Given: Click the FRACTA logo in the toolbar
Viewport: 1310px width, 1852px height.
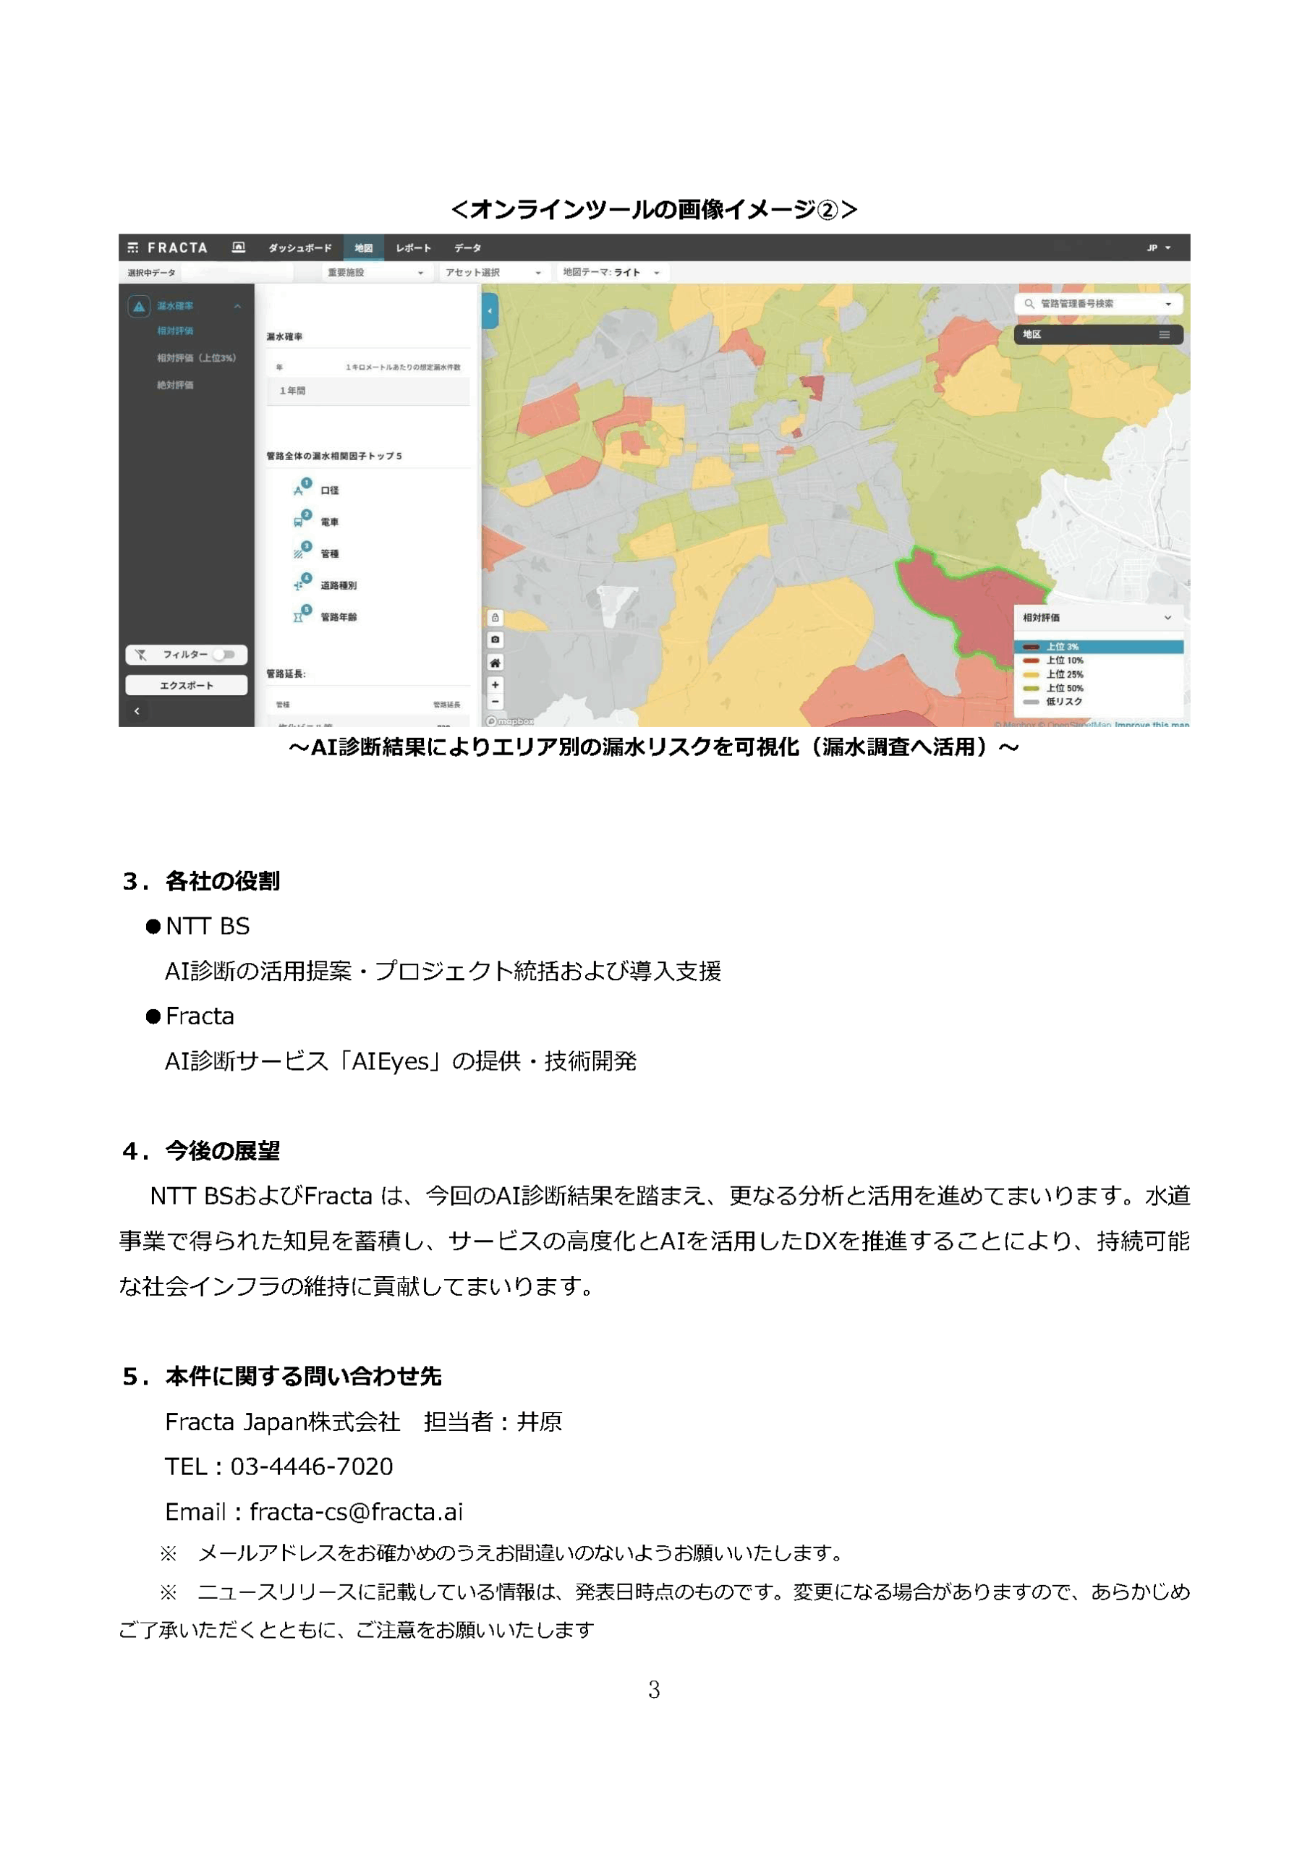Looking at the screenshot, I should (168, 247).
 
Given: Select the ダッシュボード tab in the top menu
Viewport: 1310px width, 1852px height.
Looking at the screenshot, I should (299, 247).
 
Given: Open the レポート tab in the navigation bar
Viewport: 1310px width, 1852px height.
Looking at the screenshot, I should (413, 247).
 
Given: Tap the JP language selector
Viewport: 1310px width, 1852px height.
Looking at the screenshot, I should (1157, 247).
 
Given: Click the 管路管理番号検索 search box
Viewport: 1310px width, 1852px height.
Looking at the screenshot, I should (1097, 303).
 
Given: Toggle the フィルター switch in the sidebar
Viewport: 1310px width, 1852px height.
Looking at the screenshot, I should (225, 654).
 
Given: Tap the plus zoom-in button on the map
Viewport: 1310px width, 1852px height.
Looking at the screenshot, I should (495, 684).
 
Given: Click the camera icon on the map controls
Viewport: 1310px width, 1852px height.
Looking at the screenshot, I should (495, 639).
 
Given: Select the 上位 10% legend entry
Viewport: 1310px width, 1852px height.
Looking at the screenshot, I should (1064, 660).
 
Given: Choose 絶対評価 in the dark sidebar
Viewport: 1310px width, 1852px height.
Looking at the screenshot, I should (175, 385).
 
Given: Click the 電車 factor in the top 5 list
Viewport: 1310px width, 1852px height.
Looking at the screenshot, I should (329, 522).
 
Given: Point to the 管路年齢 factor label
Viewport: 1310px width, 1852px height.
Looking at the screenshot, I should (338, 617).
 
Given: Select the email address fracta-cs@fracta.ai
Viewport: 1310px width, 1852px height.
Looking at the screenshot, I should (356, 1511).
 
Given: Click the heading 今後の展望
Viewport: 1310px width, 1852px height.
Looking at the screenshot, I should (222, 1150).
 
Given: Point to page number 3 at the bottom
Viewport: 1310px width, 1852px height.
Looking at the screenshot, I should (654, 1689).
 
